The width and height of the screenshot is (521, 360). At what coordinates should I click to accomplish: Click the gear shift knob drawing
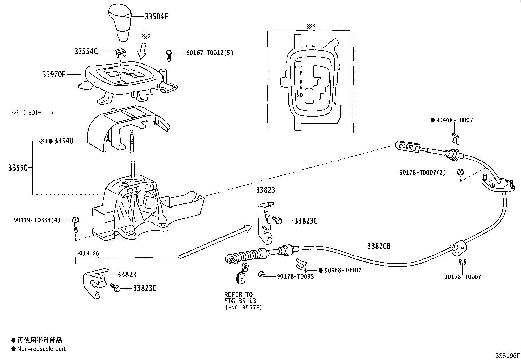point(119,22)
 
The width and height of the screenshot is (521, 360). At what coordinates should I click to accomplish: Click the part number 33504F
point(156,16)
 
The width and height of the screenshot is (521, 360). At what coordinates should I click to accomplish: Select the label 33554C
point(86,51)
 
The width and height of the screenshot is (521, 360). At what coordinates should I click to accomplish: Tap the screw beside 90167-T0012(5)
point(169,55)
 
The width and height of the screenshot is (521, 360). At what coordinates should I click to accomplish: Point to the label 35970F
point(54,74)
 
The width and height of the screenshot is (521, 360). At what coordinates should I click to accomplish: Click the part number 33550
point(18,168)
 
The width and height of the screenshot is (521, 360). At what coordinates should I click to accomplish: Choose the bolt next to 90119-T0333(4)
point(76,224)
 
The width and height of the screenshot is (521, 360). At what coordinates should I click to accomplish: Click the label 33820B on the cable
point(379,246)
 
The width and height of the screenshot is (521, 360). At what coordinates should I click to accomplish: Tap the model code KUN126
point(88,253)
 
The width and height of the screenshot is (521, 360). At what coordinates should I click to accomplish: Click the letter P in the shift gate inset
point(301,73)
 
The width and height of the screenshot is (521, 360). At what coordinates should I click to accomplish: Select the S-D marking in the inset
point(299,95)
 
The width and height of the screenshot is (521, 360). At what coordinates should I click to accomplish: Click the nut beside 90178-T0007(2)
point(460,172)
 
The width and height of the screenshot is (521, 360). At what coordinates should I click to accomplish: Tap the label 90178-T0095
point(295,276)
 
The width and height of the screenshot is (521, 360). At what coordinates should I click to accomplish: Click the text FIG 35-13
point(240,301)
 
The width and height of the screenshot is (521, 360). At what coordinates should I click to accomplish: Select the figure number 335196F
point(508,356)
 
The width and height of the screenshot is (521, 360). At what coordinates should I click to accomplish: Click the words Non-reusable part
point(42,349)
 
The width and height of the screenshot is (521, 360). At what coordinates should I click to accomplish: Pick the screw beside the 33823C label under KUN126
point(116,287)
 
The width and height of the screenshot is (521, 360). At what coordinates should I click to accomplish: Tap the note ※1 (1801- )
point(33,113)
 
